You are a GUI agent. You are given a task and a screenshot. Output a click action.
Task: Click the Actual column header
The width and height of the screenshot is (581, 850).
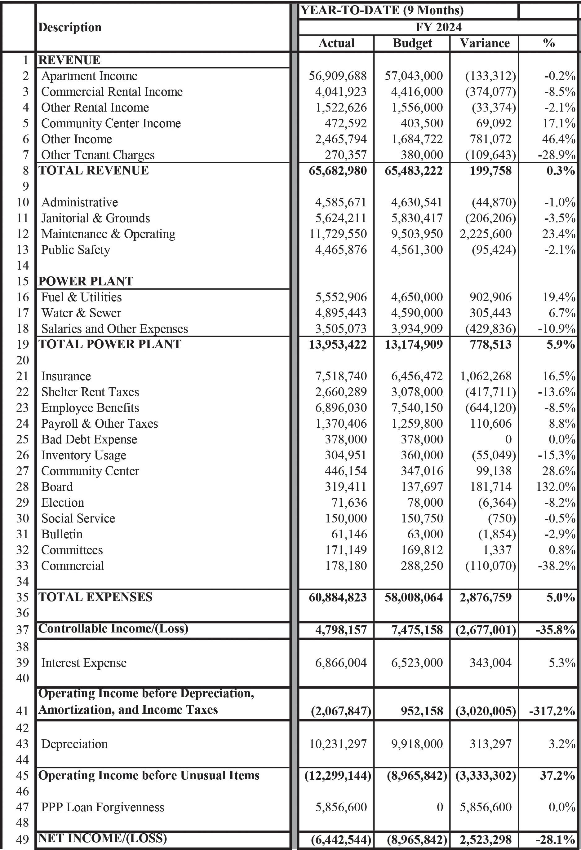click(x=336, y=43)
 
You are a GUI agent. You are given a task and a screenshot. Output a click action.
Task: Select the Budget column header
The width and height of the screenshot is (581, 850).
click(x=412, y=43)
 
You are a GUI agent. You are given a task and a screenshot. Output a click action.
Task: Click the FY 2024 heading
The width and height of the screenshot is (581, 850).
click(x=438, y=27)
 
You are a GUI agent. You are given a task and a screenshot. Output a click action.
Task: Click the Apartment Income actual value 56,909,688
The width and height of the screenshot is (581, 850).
click(x=337, y=76)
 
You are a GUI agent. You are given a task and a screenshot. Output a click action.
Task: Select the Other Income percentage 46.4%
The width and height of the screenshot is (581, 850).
click(x=559, y=139)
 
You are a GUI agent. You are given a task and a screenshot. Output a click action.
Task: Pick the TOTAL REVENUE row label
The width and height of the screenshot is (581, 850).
click(x=94, y=170)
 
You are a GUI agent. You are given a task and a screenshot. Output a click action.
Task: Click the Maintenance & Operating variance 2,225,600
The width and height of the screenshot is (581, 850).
click(x=486, y=234)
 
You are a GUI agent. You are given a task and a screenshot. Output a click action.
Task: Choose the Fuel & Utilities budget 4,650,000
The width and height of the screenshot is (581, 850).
click(x=417, y=297)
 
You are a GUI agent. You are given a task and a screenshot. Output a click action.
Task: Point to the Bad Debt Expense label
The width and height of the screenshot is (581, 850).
click(x=89, y=439)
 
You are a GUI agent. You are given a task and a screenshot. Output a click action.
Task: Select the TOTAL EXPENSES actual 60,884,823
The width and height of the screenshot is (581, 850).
click(x=337, y=597)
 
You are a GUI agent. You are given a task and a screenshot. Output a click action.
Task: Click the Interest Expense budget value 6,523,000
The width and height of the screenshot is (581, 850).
click(x=417, y=663)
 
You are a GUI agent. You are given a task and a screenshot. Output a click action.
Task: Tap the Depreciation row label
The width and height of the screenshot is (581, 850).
click(x=74, y=744)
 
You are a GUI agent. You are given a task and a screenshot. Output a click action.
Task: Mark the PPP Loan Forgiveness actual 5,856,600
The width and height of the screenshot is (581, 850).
click(x=341, y=807)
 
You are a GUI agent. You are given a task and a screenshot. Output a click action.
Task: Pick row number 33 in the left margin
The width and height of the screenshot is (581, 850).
click(x=22, y=566)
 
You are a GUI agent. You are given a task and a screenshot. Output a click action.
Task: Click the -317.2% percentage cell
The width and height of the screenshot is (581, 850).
click(x=552, y=711)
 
